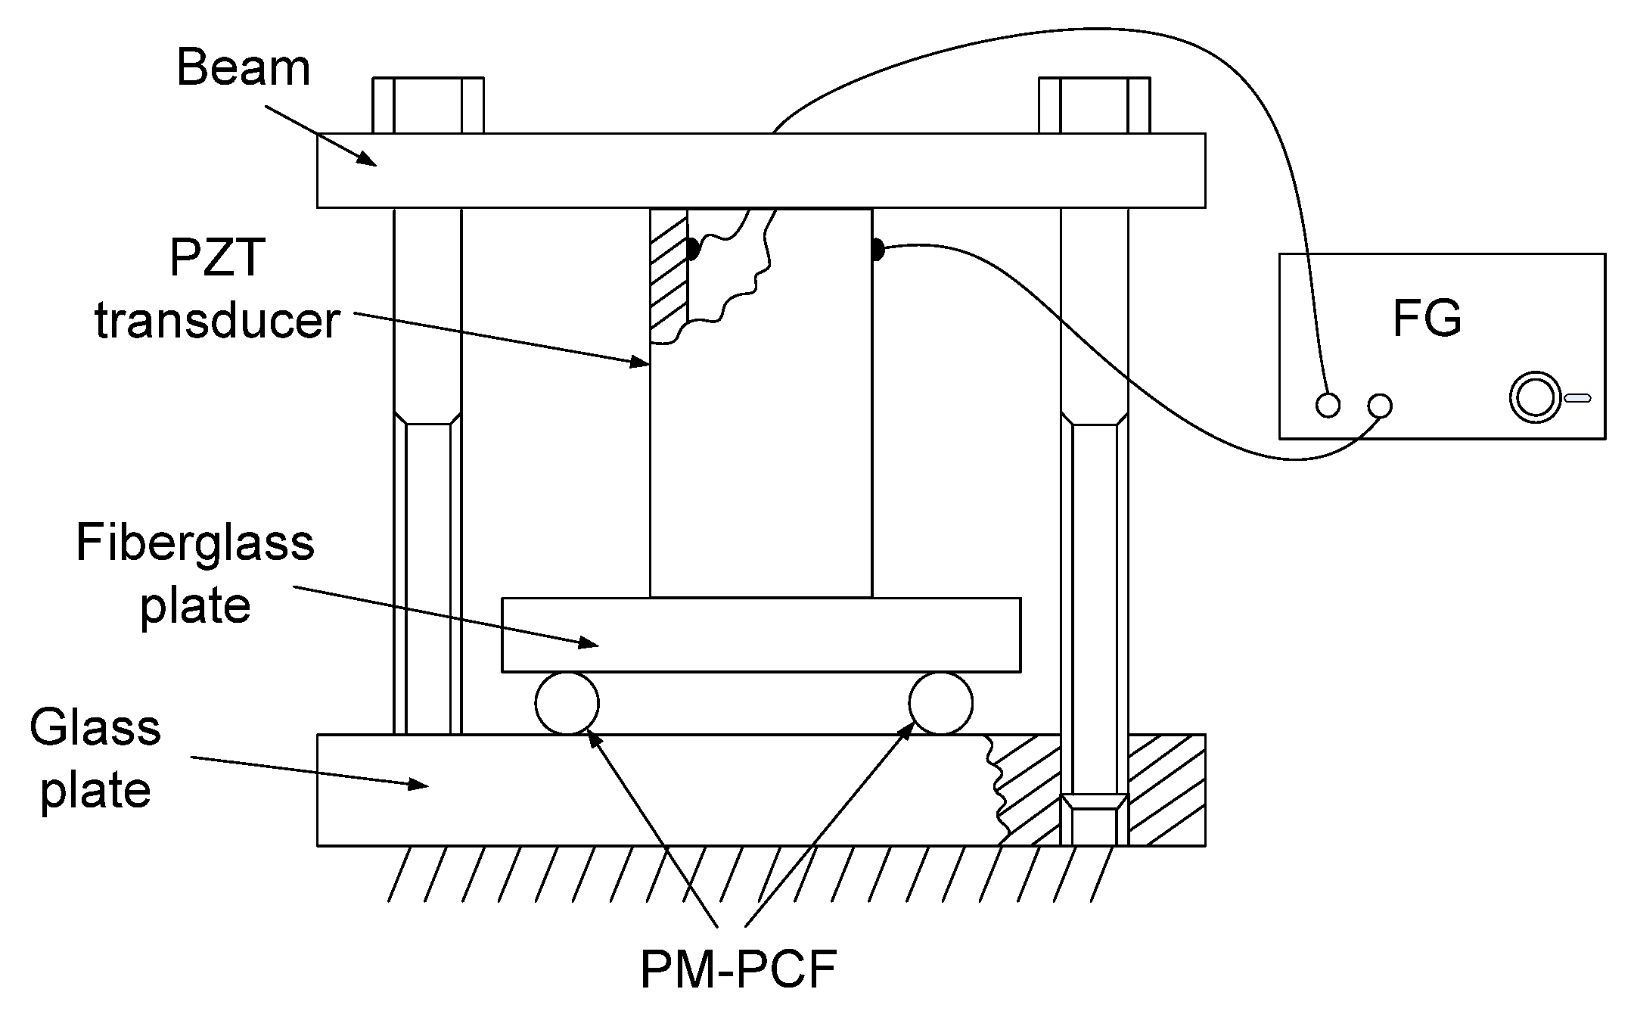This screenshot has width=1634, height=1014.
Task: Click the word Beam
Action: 243,68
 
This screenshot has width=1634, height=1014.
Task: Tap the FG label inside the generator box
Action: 1427,319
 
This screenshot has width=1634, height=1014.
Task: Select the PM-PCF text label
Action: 738,969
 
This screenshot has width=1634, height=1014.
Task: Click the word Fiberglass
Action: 195,543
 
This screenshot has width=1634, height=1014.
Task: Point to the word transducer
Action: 218,321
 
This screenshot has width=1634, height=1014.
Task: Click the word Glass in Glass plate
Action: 95,728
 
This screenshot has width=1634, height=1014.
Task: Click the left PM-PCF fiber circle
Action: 567,703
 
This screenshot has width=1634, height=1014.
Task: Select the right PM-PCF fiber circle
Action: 941,703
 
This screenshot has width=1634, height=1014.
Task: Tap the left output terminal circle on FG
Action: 1328,406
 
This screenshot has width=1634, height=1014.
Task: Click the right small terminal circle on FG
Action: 1380,406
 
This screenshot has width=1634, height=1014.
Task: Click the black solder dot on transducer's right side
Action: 878,249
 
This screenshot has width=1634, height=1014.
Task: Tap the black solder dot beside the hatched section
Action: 693,248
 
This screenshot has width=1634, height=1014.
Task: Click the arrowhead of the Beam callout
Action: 370,160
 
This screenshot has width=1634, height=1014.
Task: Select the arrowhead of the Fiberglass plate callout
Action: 591,645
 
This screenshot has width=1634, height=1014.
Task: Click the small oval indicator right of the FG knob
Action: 1577,398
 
